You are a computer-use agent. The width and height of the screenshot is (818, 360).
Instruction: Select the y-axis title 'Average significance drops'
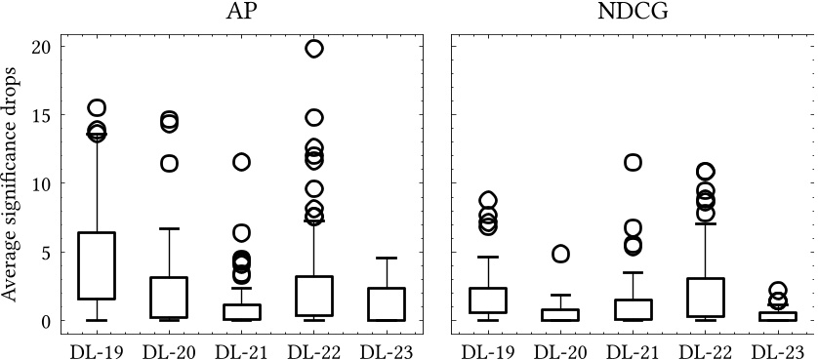[12, 182]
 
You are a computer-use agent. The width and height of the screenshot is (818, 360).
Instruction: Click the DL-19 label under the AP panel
[97, 348]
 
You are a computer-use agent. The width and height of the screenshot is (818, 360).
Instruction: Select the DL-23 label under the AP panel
[386, 348]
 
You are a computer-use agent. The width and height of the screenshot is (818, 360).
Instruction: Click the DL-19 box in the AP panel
[97, 265]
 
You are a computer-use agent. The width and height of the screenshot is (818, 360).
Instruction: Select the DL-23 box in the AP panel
[386, 303]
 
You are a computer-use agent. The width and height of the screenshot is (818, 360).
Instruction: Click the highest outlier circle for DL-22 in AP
[313, 49]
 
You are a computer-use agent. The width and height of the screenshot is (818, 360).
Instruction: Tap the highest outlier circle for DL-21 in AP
[241, 162]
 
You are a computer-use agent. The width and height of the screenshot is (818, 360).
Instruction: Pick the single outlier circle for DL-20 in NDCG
[559, 254]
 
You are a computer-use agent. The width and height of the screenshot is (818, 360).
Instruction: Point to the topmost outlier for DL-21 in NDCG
[632, 162]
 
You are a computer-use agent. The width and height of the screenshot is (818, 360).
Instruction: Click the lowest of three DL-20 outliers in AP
[169, 164]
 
